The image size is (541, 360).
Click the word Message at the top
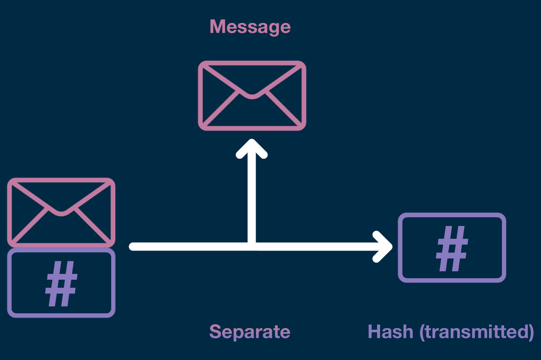point(250,27)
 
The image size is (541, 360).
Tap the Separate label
point(250,332)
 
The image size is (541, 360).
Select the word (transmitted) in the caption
point(477,332)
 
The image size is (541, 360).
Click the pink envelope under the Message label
point(252,96)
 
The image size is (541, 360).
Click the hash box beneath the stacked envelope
point(61,283)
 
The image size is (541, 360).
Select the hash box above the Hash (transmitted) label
point(452,248)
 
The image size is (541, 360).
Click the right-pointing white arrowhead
point(387,246)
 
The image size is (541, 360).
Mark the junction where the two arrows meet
point(252,246)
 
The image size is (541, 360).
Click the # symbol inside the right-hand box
point(452,248)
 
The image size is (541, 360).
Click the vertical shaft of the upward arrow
point(252,198)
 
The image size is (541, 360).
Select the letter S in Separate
point(215,332)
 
